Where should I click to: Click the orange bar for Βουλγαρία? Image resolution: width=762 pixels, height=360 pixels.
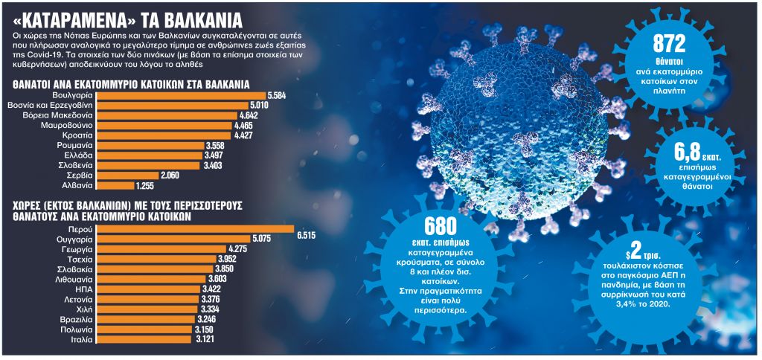[186, 96]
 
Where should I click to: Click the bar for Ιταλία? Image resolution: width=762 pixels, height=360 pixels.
[144, 338]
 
